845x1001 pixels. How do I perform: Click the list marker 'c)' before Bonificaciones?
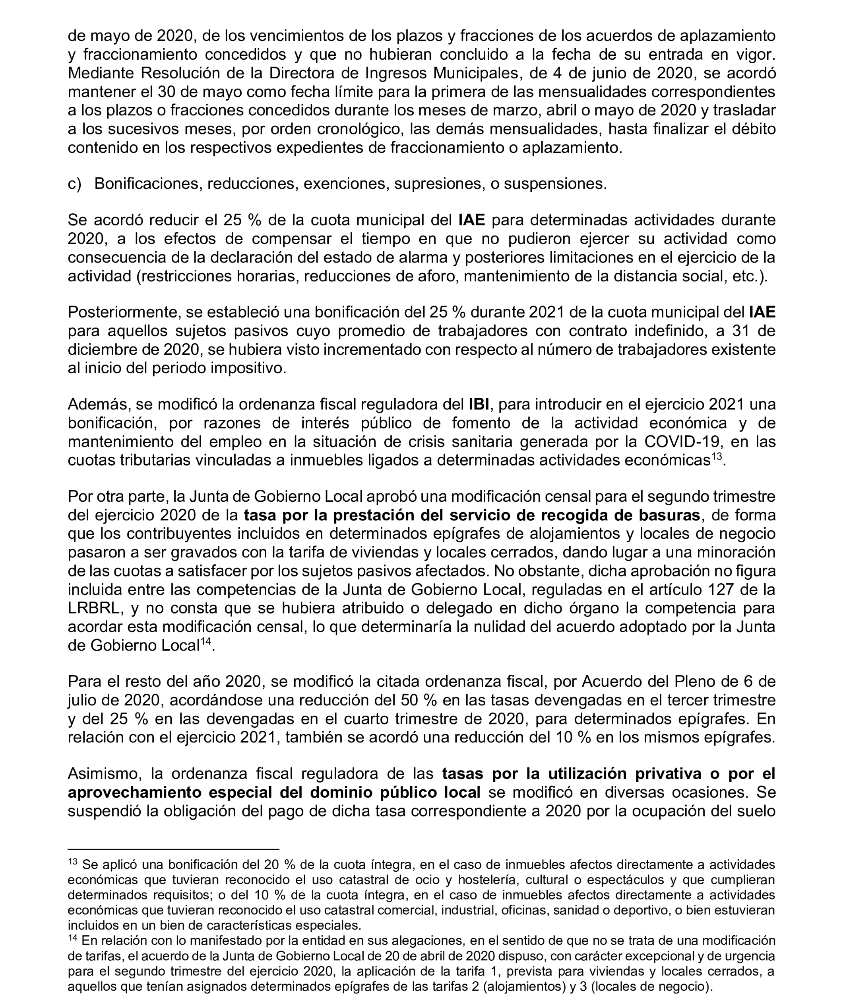74,184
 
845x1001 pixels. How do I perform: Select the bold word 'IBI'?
479,405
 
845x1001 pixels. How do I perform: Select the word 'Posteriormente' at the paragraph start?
123,312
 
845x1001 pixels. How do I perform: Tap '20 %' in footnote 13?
280,865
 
